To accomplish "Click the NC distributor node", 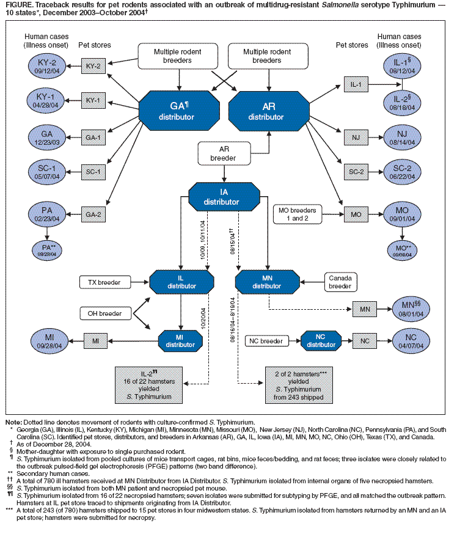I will (x=321, y=340).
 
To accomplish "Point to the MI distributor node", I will (x=181, y=340).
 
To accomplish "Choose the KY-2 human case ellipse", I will (x=46, y=64).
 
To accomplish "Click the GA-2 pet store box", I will (x=92, y=214).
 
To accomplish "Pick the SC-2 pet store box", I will (x=356, y=172).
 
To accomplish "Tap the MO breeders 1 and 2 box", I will (x=298, y=214).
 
